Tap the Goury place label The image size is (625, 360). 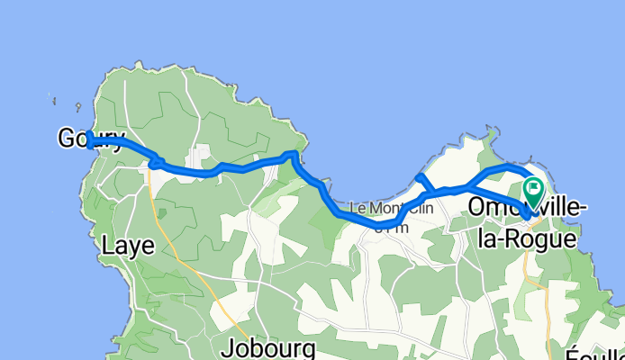(x=90, y=138)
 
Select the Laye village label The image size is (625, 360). (x=128, y=245)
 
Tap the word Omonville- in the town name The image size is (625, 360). (x=528, y=208)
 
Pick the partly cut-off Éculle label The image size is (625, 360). (x=596, y=352)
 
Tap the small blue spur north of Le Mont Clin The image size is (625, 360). (x=421, y=179)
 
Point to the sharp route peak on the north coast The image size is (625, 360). (x=290, y=155)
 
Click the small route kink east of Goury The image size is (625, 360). (x=155, y=163)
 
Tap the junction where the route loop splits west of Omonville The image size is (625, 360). (x=466, y=187)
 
